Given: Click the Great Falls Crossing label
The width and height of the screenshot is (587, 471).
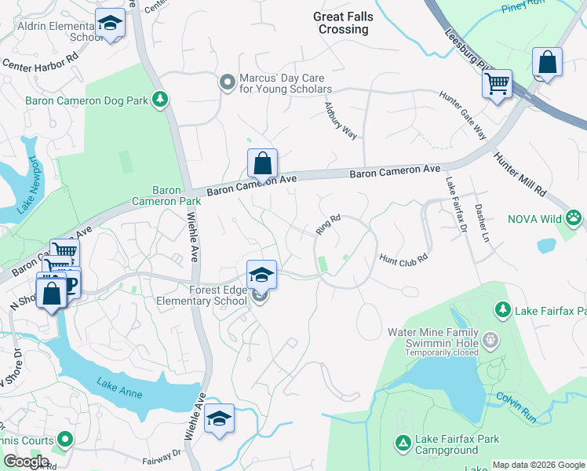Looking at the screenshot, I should pyautogui.click(x=343, y=23).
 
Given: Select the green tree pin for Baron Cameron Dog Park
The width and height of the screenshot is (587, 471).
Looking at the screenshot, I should pyautogui.click(x=159, y=99).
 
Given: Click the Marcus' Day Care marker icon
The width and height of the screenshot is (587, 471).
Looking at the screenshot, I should pyautogui.click(x=228, y=82).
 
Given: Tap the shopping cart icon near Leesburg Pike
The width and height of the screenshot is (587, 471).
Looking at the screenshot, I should pyautogui.click(x=497, y=82).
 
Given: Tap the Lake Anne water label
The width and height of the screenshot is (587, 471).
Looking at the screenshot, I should pyautogui.click(x=119, y=388).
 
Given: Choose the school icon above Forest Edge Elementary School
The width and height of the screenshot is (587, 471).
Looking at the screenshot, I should pyautogui.click(x=261, y=274).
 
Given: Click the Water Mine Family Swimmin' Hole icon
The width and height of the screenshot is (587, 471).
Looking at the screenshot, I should pyautogui.click(x=490, y=340).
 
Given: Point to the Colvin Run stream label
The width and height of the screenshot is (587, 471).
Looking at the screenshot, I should pyautogui.click(x=516, y=408).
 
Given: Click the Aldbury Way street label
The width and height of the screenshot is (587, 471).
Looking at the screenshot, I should pyautogui.click(x=341, y=122).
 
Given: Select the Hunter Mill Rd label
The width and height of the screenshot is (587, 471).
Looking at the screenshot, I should pyautogui.click(x=520, y=174).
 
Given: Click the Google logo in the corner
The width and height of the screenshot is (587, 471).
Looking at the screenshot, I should pyautogui.click(x=25, y=462).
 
